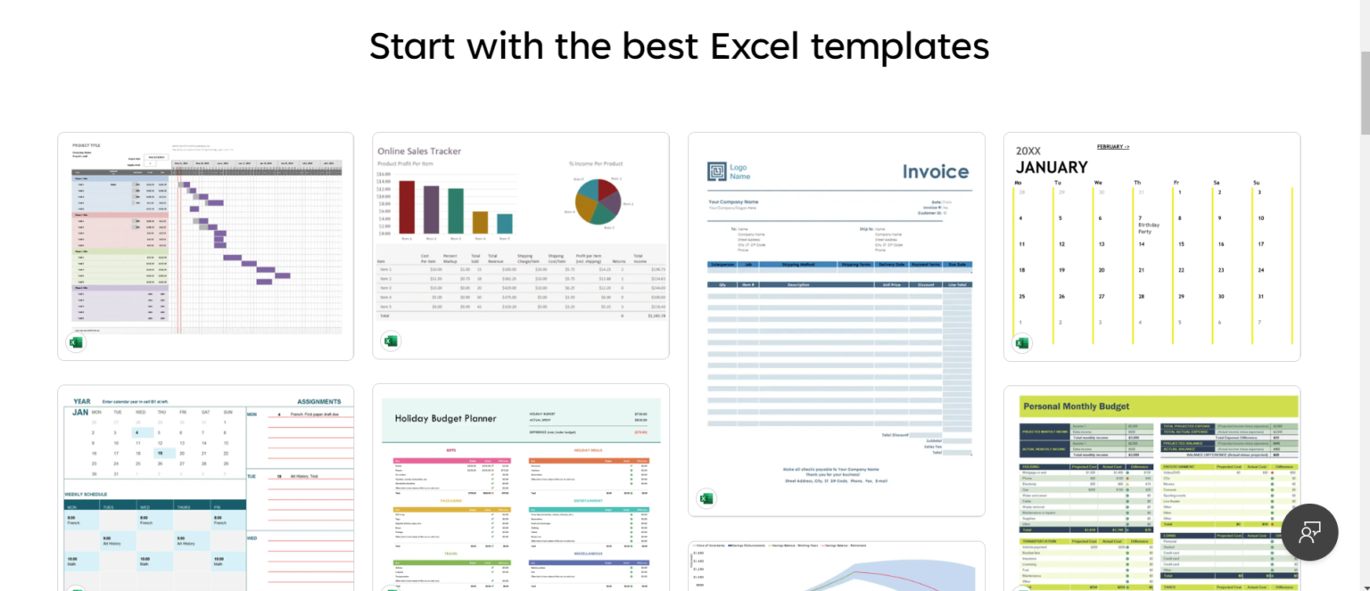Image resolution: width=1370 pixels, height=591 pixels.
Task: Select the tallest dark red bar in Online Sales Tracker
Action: tap(407, 207)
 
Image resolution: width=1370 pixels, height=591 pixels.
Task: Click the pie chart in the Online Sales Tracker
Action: tap(598, 201)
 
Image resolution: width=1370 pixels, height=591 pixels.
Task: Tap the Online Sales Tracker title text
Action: tap(419, 152)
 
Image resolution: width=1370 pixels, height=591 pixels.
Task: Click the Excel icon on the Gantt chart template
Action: tap(77, 342)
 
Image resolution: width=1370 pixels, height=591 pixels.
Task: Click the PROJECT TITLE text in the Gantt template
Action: tap(87, 144)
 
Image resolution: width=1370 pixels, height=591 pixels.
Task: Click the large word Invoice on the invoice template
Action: tap(935, 172)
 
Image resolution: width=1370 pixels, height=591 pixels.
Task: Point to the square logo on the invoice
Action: tap(717, 171)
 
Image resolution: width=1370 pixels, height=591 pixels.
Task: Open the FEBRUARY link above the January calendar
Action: tap(1112, 146)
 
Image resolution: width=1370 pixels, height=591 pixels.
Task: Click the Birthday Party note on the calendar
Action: tap(1150, 227)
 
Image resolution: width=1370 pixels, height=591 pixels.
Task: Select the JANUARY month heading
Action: tap(1052, 167)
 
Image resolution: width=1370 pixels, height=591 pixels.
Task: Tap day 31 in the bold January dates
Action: tap(1260, 297)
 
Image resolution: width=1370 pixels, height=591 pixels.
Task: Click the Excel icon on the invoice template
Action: tap(706, 498)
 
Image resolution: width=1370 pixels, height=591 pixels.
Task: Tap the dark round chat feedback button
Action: tap(1309, 532)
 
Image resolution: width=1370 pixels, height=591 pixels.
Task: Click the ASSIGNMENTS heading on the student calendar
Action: tap(318, 401)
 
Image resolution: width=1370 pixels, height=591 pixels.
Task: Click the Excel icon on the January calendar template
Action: tap(1022, 343)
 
